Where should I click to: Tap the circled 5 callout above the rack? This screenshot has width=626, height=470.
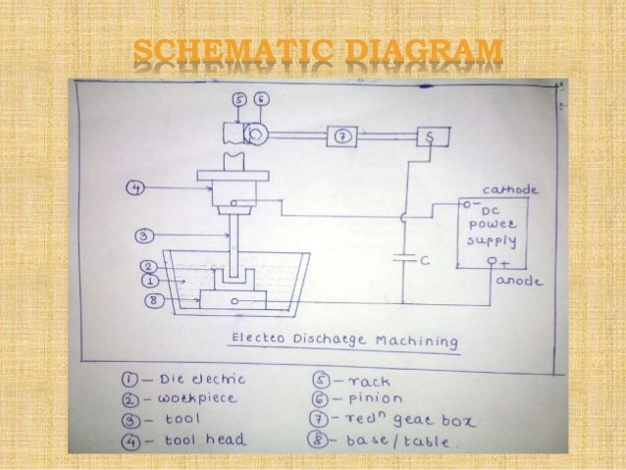(x=240, y=100)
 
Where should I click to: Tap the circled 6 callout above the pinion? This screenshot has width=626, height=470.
(x=262, y=100)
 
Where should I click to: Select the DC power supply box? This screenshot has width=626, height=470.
(x=496, y=232)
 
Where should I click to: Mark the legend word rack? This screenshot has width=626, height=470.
(x=365, y=378)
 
